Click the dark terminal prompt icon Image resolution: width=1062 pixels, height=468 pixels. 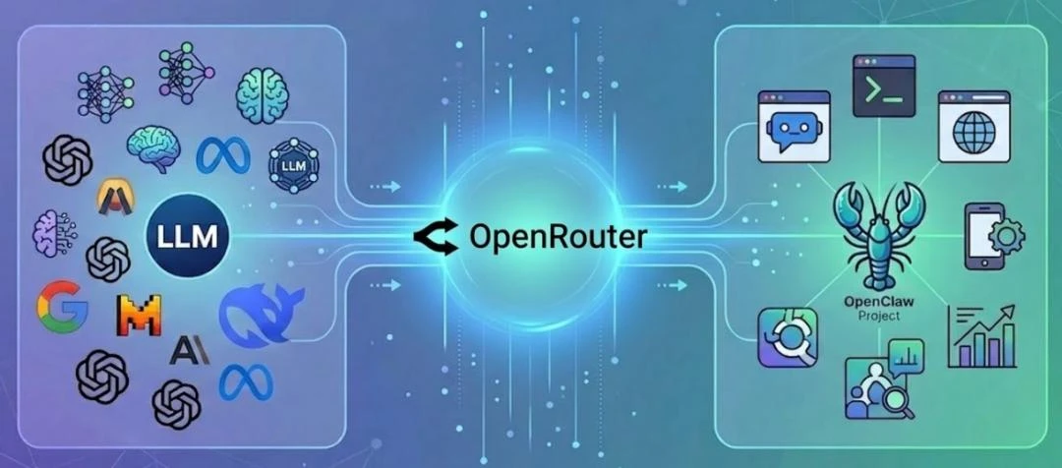tap(884, 86)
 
